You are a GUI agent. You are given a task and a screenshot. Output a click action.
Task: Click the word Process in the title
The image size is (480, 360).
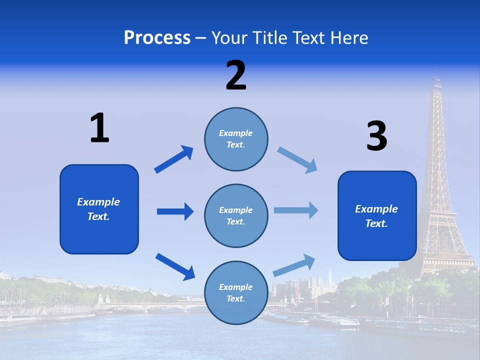[x=157, y=37]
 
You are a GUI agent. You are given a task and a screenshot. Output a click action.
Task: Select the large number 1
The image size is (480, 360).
[x=99, y=128]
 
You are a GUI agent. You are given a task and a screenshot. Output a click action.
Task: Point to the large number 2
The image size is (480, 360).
[x=236, y=75]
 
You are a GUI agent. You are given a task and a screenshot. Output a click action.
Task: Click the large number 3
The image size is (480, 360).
[x=376, y=136]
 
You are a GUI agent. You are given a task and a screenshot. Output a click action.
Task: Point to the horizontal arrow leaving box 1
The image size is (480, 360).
[x=175, y=211]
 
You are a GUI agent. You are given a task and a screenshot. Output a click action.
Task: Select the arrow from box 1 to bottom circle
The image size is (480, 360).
[x=175, y=266]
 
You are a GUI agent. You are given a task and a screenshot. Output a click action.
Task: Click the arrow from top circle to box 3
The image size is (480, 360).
[x=297, y=160]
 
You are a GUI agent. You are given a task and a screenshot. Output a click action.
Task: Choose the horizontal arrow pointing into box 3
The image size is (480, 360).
[x=296, y=210]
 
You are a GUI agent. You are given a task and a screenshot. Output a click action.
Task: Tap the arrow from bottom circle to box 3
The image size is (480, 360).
[x=294, y=265]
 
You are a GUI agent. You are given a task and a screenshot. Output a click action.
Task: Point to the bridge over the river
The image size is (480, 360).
[x=150, y=305]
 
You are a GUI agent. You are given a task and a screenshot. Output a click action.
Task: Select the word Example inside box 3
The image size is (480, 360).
[x=376, y=209]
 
